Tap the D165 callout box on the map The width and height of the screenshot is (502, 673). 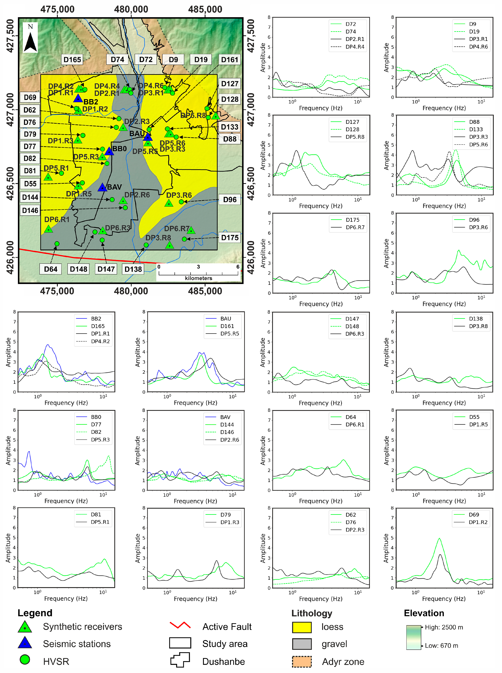(x=72, y=60)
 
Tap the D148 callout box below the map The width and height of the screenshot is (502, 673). (x=78, y=269)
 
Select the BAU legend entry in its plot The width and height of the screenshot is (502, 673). (x=225, y=319)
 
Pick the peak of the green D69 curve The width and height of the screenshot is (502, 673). (x=439, y=539)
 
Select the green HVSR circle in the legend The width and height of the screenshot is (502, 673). (x=25, y=660)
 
